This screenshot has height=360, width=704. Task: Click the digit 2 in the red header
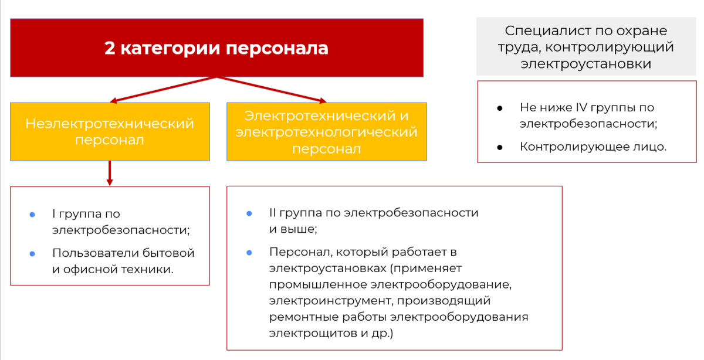[x=110, y=48]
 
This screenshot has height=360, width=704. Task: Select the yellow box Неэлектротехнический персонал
[x=110, y=132]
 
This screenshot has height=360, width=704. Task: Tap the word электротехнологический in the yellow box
[x=327, y=132]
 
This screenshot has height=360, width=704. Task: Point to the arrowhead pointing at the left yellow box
[x=113, y=100]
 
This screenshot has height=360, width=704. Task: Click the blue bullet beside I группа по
[x=32, y=215]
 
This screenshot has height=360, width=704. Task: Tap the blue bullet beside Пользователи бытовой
[x=32, y=254]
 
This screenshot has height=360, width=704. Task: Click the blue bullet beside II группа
[x=249, y=213]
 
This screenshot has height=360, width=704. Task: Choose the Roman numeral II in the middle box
[x=273, y=213]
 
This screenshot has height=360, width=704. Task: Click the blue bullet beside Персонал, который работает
[x=249, y=252]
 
